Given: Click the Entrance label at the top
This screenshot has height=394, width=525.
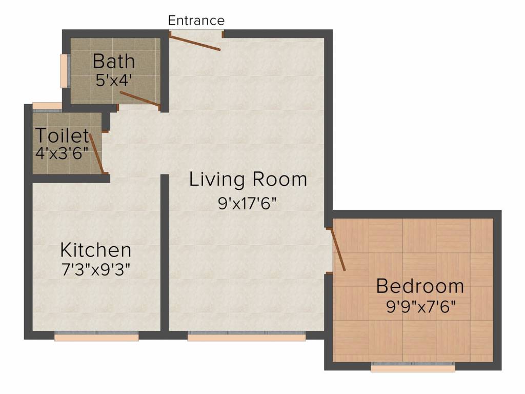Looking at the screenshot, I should (196, 21).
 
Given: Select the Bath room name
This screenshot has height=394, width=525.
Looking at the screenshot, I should (114, 62).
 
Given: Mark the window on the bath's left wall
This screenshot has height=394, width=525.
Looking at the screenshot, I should (65, 70).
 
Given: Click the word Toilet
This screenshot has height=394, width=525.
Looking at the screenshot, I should (62, 136).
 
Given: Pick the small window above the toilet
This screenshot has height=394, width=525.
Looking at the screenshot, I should (47, 106).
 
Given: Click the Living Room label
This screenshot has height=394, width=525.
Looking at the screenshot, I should (248, 180).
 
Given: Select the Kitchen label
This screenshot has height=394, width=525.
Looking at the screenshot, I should (96, 250).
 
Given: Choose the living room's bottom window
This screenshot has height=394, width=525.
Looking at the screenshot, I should (247, 336).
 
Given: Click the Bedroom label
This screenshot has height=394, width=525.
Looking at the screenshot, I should (420, 286).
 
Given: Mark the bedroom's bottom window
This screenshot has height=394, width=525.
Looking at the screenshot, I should (413, 367).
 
